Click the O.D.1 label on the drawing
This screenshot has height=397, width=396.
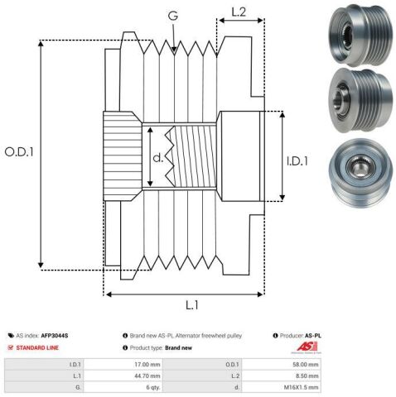(x=19, y=152)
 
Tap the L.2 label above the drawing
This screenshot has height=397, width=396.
(x=239, y=12)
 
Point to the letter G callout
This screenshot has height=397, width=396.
(x=173, y=16)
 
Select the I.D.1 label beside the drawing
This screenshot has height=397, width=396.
(x=297, y=161)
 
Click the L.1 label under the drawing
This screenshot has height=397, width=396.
(x=192, y=305)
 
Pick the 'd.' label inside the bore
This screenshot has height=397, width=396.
(x=158, y=157)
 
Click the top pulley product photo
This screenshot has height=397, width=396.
(x=360, y=35)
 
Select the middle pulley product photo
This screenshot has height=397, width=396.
(x=361, y=100)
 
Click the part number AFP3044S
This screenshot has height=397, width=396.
(x=55, y=336)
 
